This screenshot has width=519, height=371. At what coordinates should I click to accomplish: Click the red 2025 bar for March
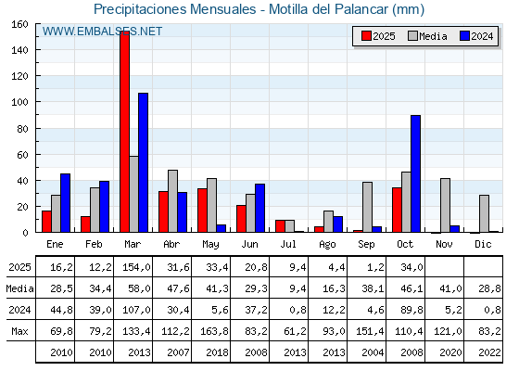click(x=124, y=132)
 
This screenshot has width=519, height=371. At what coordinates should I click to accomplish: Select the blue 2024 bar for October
click(x=415, y=174)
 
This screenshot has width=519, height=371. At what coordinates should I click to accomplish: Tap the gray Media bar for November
click(x=445, y=205)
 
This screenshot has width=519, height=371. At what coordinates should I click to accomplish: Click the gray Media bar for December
click(x=484, y=213)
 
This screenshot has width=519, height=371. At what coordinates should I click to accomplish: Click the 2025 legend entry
click(x=377, y=36)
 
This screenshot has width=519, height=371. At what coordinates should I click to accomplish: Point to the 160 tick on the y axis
click(x=20, y=25)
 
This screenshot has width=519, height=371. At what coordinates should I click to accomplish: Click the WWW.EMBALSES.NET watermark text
click(x=102, y=32)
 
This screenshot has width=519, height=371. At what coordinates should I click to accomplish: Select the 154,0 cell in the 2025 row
click(x=133, y=267)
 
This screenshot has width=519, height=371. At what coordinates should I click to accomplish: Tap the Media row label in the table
click(x=19, y=288)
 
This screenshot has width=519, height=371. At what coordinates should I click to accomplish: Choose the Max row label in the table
click(x=19, y=331)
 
